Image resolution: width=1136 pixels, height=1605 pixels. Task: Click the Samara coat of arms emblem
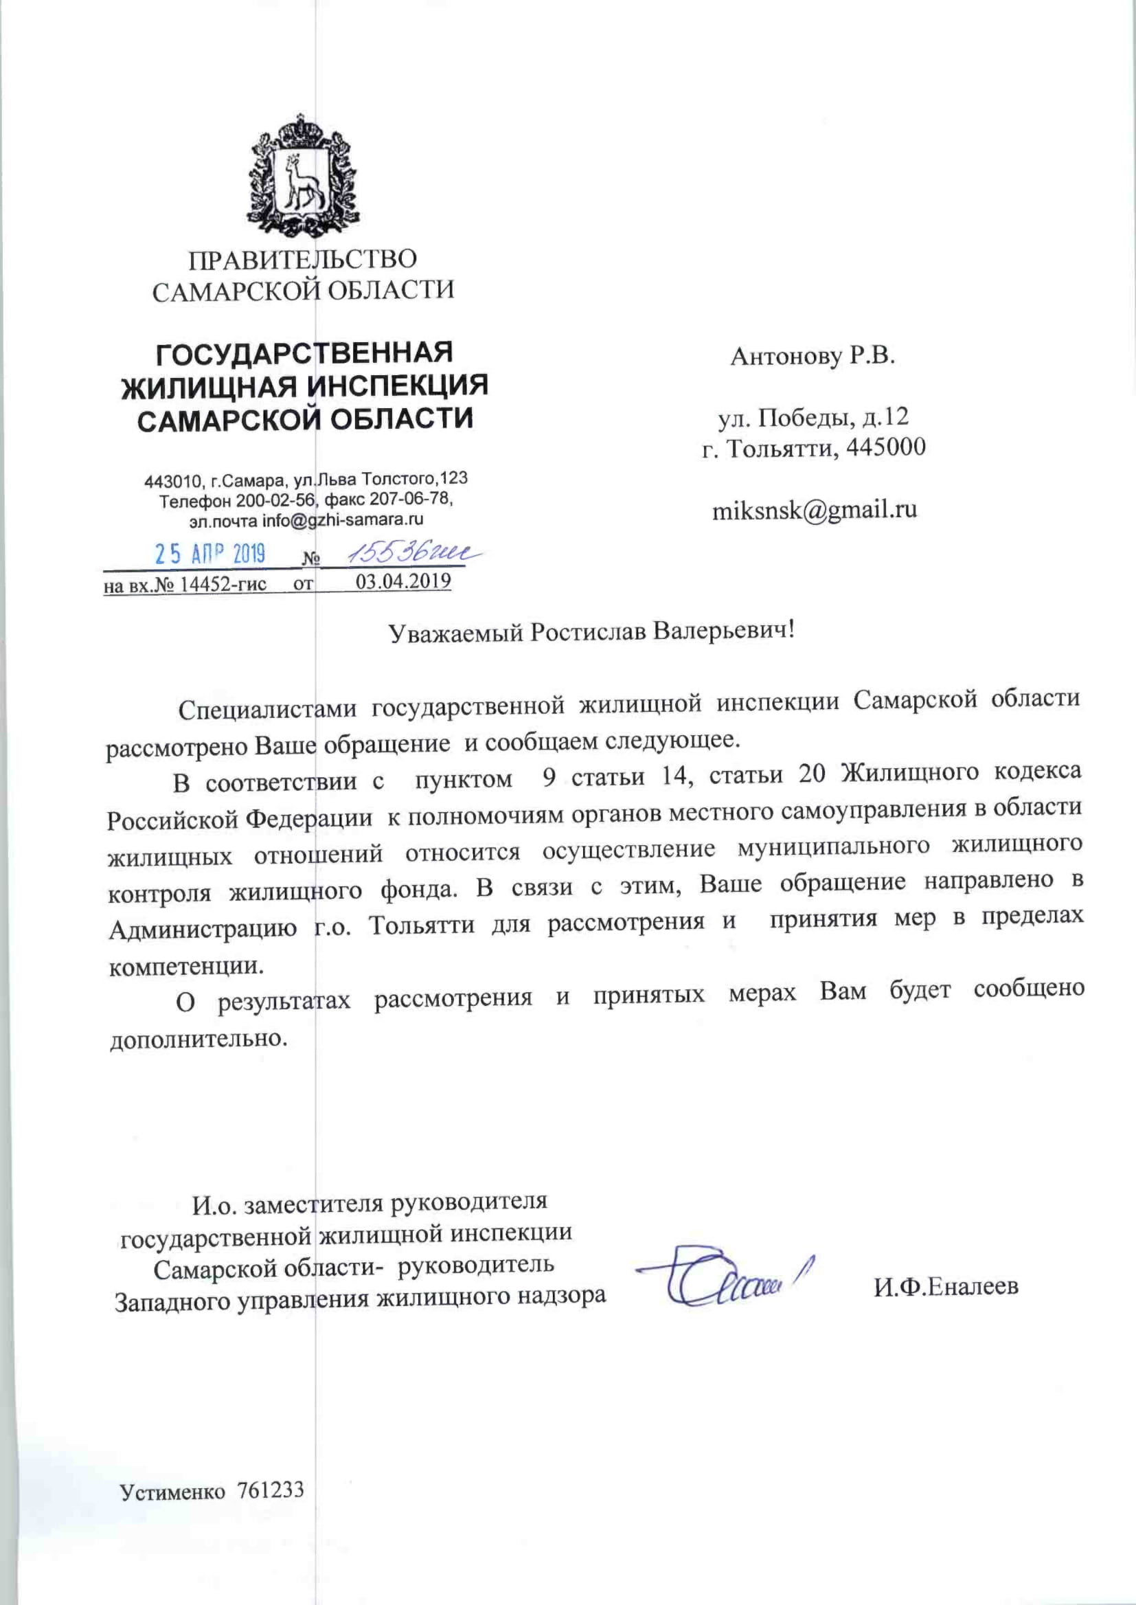[x=302, y=177]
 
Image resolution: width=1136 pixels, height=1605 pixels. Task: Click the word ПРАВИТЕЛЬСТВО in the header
[x=302, y=260]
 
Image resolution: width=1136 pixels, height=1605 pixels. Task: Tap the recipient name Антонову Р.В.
[x=812, y=357]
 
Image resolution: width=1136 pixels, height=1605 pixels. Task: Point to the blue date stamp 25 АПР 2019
[x=210, y=555]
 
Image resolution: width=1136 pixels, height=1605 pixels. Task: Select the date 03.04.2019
[x=403, y=582]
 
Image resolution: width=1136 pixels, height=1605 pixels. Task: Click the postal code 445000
[x=885, y=447]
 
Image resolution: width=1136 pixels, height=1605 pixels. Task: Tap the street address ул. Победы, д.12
[x=813, y=417]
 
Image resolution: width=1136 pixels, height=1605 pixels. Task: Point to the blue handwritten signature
[x=727, y=1283]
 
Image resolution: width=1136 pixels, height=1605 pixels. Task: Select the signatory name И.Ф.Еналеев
[x=946, y=1286]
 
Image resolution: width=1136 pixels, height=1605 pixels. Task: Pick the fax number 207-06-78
[x=413, y=500]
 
